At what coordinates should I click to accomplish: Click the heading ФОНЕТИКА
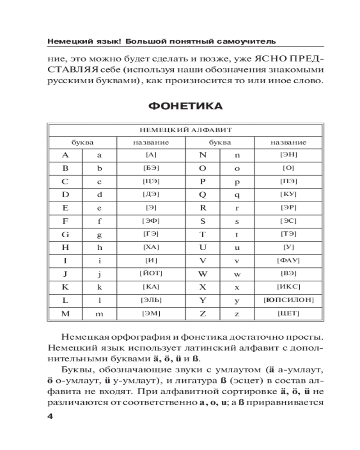[185, 107]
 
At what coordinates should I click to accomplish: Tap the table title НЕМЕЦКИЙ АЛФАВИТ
[185, 130]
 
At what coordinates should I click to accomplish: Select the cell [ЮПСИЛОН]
[288, 299]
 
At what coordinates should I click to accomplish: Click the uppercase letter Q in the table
[202, 195]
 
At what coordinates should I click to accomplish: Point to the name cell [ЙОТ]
[151, 273]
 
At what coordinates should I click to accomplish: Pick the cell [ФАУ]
[288, 260]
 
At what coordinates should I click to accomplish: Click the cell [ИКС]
[288, 286]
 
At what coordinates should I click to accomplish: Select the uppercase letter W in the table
[202, 273]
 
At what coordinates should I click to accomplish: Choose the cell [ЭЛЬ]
[151, 299]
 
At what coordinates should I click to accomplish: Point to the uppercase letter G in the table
[65, 234]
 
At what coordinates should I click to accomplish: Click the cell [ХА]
[151, 247]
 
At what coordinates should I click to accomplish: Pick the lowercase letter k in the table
[99, 286]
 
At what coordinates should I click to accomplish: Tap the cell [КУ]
[288, 195]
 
